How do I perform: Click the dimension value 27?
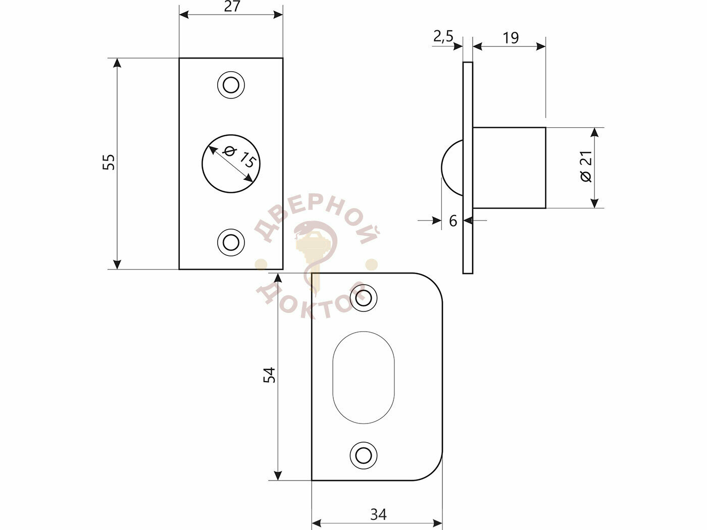[232, 7]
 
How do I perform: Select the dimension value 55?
[109, 162]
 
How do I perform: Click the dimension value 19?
[511, 38]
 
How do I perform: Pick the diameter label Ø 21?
[586, 167]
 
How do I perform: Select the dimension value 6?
[453, 221]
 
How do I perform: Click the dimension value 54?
[270, 375]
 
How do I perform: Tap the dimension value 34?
[378, 514]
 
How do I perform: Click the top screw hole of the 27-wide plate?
[231, 85]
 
